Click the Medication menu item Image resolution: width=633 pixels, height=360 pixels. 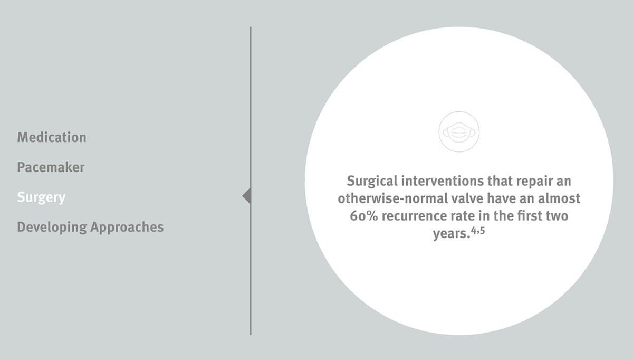point(52,137)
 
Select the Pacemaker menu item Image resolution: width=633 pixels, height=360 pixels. point(51,167)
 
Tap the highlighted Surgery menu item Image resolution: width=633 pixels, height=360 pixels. point(41,197)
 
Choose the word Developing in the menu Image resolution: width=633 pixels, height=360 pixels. point(52,228)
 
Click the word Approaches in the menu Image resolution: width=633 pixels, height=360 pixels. point(127,228)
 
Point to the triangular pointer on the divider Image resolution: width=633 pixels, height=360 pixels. point(247,195)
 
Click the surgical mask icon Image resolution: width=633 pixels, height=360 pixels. point(459,132)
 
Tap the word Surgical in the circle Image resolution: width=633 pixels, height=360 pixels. point(372,181)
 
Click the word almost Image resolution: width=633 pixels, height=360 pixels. point(559,198)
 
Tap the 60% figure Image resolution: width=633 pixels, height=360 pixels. point(363,216)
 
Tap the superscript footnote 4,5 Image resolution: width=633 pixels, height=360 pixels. point(478,231)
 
